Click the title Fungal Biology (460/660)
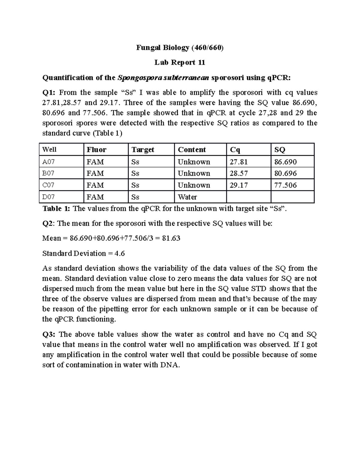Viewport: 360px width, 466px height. click(180, 47)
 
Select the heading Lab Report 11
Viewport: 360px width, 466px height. click(180, 62)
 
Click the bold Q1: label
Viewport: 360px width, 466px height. click(49, 93)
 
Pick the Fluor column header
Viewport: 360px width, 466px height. click(96, 149)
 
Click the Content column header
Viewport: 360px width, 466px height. click(192, 149)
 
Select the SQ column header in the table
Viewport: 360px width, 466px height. click(280, 149)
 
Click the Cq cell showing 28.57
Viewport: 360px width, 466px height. click(238, 173)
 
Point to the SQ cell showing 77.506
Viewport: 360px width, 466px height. click(285, 185)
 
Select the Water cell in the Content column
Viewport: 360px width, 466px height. click(187, 197)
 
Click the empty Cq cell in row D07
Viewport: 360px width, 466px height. click(248, 197)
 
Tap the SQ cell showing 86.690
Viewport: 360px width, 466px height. click(285, 162)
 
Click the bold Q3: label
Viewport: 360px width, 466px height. click(49, 334)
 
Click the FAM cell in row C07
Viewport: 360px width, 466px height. click(95, 185)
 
